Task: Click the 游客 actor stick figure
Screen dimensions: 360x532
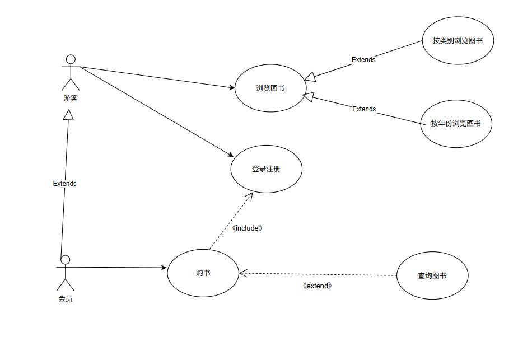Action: click(x=71, y=72)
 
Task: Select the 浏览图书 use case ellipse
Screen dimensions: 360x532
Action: click(x=270, y=88)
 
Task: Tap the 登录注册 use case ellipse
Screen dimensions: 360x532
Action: click(x=266, y=169)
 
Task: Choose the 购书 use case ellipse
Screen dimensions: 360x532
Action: click(x=203, y=273)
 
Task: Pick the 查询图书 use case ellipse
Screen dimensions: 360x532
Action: click(x=432, y=275)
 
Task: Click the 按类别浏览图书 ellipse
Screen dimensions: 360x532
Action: click(x=458, y=41)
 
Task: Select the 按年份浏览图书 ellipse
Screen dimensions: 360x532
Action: click(x=456, y=124)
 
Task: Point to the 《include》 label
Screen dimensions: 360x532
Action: click(x=247, y=228)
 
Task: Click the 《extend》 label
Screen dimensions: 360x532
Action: click(x=317, y=286)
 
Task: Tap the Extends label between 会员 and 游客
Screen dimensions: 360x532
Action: click(x=65, y=184)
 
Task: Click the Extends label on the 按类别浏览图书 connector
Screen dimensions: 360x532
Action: click(x=363, y=60)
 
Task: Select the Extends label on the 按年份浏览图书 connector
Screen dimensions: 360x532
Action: click(x=364, y=109)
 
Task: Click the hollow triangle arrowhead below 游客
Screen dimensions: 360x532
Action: click(x=68, y=114)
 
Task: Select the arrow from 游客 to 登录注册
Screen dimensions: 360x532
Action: click(x=157, y=112)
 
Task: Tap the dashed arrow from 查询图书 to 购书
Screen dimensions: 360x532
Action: click(x=336, y=274)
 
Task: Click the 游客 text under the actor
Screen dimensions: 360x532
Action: click(x=71, y=99)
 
